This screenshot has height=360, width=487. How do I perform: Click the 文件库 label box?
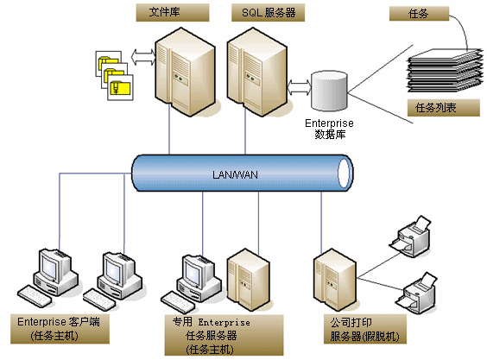coord(173,12)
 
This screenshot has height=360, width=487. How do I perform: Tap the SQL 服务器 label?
coord(268,12)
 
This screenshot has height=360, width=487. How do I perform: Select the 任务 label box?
coord(419,14)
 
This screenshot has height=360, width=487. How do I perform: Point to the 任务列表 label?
coord(444,108)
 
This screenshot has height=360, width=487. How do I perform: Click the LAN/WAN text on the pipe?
coord(235,175)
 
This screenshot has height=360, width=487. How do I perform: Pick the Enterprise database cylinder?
coord(329,91)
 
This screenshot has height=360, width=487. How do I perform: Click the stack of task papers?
coord(445,71)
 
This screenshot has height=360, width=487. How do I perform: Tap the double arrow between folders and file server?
coord(142,57)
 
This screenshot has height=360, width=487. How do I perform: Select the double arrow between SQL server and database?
coord(300,87)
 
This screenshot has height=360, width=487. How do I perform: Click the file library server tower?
coord(186,72)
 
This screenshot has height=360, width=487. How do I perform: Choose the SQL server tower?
coord(257,72)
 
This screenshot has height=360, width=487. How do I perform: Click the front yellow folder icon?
coord(120,87)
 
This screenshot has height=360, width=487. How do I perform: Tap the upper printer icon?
coord(410,237)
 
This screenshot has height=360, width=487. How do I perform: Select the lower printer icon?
coord(416,294)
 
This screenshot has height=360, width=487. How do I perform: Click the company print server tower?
coord(335,280)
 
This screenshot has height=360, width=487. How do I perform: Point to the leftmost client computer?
coord(48,278)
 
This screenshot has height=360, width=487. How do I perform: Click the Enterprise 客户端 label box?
coord(60,329)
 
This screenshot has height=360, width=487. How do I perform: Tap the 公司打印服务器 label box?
coord(365,329)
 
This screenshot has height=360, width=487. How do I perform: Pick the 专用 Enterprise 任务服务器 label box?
coord(224,335)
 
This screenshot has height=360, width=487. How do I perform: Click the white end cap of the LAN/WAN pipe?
coord(344,173)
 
